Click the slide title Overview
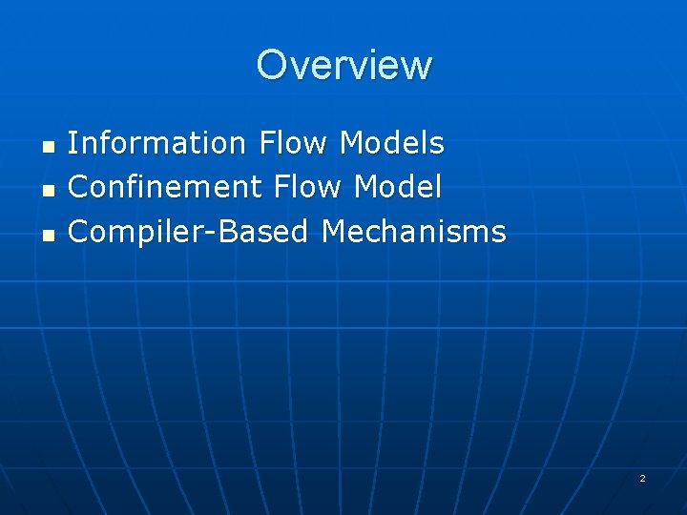343,65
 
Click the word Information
157,143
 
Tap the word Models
392,143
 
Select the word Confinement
165,187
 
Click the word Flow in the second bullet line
308,187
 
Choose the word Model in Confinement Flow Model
398,187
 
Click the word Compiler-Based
189,231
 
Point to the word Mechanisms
414,231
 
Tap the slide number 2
642,478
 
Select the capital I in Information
73,143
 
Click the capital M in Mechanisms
333,231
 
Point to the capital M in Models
352,143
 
